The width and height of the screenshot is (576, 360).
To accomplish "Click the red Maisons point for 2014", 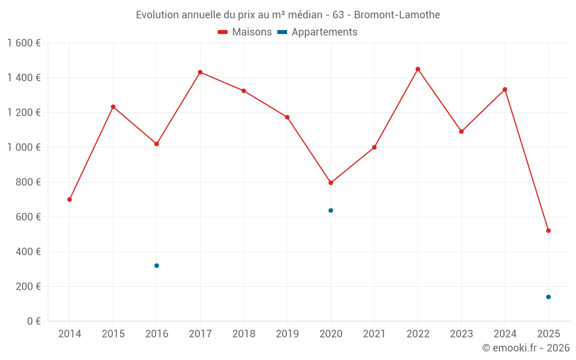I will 70,199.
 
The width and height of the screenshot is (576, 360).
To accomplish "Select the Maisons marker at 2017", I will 200,72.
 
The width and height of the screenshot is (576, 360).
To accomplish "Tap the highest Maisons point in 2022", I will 418,69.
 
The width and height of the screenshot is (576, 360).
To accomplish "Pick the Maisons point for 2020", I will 331,183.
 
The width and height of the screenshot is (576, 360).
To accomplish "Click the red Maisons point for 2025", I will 548,230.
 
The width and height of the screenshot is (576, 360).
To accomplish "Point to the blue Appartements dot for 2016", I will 157,266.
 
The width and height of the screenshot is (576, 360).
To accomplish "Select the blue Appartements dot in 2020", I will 331,210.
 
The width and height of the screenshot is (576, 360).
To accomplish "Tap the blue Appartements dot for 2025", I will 548,297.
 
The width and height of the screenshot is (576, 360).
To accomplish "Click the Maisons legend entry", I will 245,32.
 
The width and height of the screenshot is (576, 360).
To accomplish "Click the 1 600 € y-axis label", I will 24,43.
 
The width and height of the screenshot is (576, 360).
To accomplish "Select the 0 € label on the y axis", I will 33,321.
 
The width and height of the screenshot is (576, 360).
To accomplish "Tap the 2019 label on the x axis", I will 287,334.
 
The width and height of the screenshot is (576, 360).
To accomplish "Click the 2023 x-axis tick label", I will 461,334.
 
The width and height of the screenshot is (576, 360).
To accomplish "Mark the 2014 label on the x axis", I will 70,334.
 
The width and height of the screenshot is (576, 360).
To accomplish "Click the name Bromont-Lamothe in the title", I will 397,14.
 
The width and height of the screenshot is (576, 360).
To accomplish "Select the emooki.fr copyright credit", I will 526,348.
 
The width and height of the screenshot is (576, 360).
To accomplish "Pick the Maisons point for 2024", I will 505,89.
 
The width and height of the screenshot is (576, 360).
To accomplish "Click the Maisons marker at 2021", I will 374,147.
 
